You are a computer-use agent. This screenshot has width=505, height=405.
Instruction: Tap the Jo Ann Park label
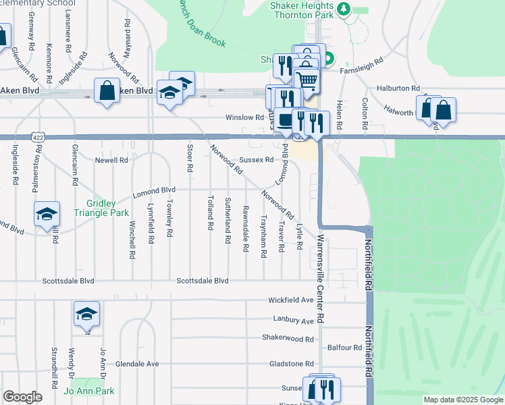[x=89, y=391]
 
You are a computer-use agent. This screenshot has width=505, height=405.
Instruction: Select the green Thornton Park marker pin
[x=344, y=9]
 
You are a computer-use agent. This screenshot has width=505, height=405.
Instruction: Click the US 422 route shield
[x=38, y=137]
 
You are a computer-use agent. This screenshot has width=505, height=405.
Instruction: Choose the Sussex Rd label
[x=256, y=160]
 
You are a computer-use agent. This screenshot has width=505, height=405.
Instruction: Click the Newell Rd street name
[x=111, y=160]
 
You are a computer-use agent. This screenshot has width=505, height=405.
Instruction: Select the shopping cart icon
[x=307, y=81]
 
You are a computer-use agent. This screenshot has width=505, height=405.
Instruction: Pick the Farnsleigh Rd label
[x=361, y=60]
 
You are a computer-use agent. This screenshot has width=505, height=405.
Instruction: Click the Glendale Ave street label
[x=137, y=364]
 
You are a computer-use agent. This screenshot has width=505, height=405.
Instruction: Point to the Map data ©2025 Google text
[x=462, y=400]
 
